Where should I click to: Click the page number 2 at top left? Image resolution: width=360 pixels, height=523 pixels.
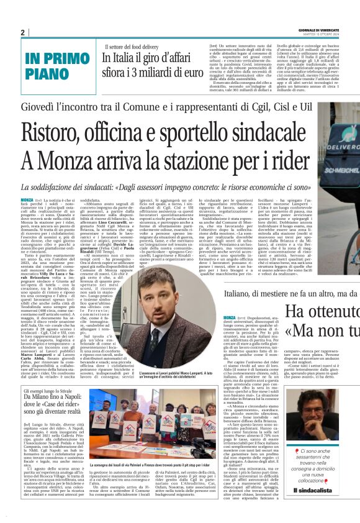[22, 32]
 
